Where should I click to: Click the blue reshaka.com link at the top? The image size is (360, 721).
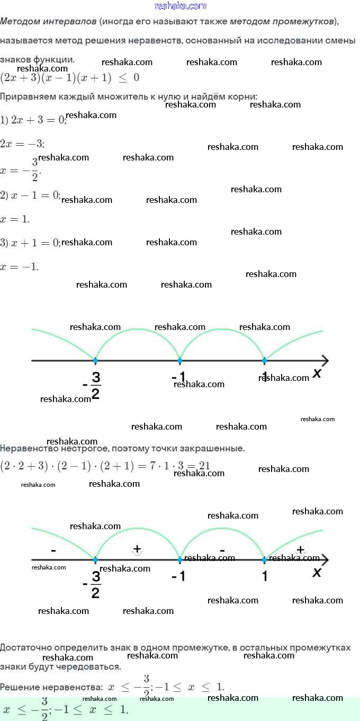[180, 6]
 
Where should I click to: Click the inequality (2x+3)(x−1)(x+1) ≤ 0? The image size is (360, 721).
[70, 77]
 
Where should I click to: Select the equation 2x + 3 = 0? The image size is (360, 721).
[33, 120]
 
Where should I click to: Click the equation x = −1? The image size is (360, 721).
[20, 267]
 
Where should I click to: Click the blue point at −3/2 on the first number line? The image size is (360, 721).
[95, 361]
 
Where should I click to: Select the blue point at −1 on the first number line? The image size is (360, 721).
[180, 361]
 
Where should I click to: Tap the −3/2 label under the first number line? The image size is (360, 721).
[93, 385]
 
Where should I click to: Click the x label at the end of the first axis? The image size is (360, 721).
[317, 373]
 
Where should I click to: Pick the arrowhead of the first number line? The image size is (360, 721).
[325, 361]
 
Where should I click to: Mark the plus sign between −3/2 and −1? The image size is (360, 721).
[137, 549]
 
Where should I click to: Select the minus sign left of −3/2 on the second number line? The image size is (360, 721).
[53, 551]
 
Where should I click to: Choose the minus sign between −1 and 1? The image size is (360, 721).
[222, 550]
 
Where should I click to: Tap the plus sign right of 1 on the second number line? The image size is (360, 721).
[300, 550]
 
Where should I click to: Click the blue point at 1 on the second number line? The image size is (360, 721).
[265, 559]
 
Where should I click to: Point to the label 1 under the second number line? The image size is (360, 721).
[265, 576]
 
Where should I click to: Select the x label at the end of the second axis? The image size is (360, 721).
[317, 572]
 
